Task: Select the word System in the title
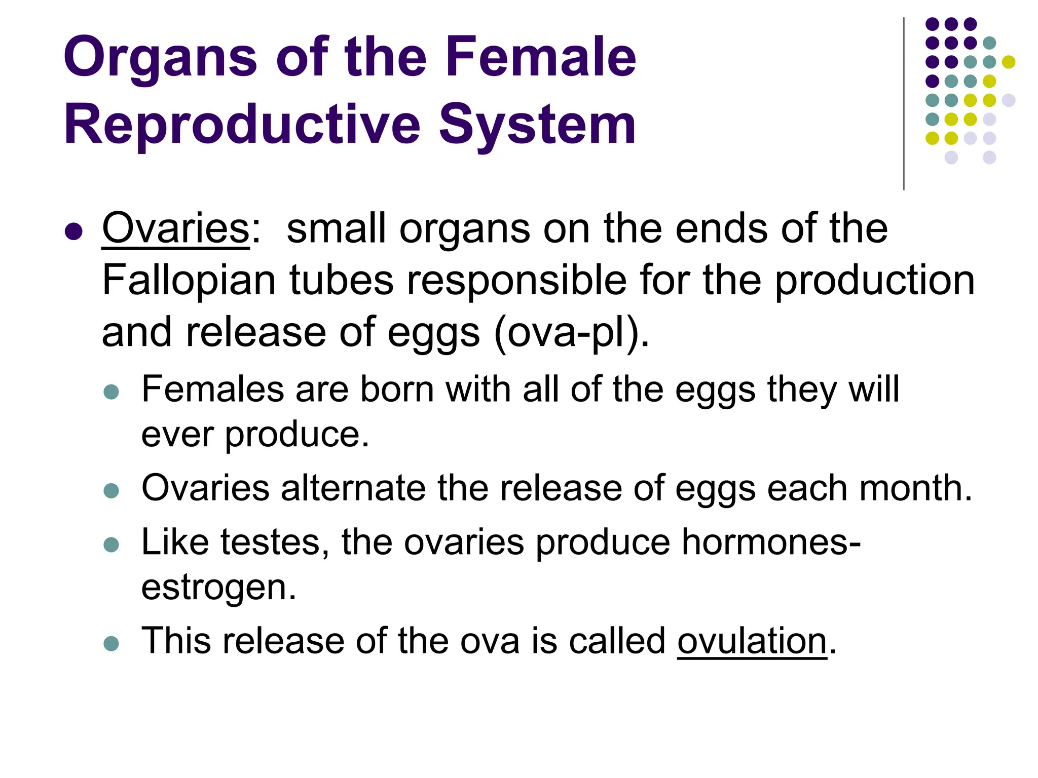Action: (x=537, y=125)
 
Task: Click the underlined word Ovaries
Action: (x=176, y=228)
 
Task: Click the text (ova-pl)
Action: (x=571, y=332)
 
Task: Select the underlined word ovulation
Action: (x=752, y=641)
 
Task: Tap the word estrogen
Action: (x=218, y=587)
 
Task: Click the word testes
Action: (x=275, y=542)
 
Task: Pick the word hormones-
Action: (x=771, y=542)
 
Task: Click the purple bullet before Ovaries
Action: (x=74, y=231)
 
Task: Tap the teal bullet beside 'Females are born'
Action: (x=111, y=392)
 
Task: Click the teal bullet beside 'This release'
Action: (x=111, y=643)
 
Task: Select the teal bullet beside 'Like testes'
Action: (x=111, y=544)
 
